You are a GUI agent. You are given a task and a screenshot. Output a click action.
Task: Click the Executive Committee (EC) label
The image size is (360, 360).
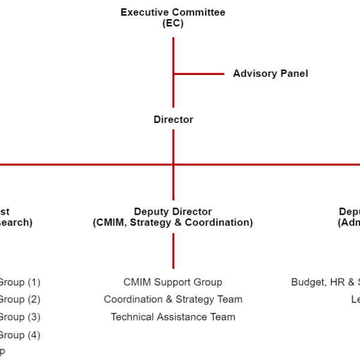click(173, 17)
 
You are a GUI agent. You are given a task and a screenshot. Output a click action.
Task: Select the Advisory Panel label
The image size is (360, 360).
click(270, 74)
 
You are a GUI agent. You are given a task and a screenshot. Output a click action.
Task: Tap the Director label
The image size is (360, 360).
click(173, 119)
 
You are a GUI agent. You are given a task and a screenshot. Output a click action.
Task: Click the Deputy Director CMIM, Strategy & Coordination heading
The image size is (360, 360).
click(173, 217)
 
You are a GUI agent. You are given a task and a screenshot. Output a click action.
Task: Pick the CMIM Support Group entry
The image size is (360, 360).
click(173, 282)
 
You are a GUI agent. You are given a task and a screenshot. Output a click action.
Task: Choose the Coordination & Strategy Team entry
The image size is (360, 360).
click(173, 299)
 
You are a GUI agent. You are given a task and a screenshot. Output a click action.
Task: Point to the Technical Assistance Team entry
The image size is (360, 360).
click(173, 317)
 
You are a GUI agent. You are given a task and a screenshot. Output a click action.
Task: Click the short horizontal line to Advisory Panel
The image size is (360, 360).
click(199, 74)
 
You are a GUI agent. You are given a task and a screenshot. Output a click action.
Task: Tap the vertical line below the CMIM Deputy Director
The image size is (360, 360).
click(173, 251)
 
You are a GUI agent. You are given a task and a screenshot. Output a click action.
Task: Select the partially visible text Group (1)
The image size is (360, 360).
click(19, 282)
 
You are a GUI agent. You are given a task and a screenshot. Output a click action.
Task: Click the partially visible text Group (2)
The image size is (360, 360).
click(19, 299)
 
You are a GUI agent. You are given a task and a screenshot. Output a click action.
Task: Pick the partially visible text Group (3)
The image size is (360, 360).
click(19, 317)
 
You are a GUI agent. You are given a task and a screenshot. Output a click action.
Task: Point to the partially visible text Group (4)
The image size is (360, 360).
click(19, 335)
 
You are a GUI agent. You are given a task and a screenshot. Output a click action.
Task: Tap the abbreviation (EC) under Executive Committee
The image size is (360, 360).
click(173, 23)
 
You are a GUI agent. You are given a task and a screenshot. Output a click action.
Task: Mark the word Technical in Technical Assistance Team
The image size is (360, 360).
click(133, 317)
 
